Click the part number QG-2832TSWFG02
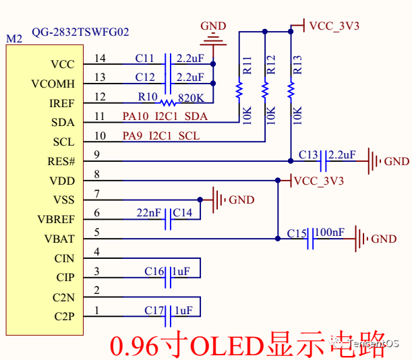[x=80, y=32]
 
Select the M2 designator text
[x=14, y=39]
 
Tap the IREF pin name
[x=62, y=103]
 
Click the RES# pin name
[x=62, y=162]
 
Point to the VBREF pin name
[x=57, y=220]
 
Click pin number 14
[x=100, y=58]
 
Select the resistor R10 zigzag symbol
[x=167, y=102]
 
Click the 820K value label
[x=192, y=97]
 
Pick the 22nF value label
[x=149, y=213]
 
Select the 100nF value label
[x=329, y=232]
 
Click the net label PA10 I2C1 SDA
[x=165, y=117]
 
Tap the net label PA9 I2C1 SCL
[x=161, y=136]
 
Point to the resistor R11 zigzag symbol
[x=238, y=90]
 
